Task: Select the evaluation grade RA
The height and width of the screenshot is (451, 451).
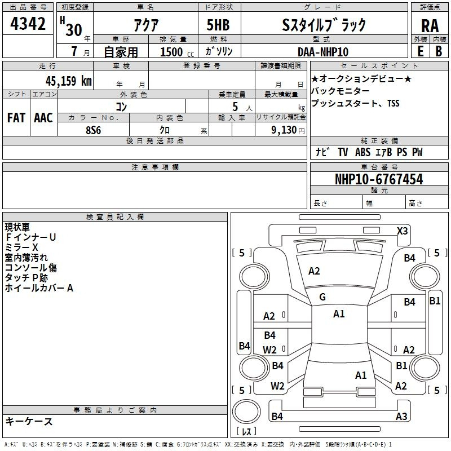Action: tap(430, 25)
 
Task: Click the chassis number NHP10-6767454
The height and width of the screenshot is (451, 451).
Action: tap(378, 179)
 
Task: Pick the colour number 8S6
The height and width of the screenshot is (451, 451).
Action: tap(93, 129)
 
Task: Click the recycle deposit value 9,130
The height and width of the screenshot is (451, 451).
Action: tap(281, 130)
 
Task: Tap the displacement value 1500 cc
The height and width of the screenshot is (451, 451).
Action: tap(173, 52)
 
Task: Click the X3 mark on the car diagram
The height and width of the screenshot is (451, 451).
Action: tap(403, 231)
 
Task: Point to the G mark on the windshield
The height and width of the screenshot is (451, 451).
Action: tap(322, 297)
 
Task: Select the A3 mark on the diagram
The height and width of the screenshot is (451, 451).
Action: tap(401, 417)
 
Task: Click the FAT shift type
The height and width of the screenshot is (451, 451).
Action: tap(16, 118)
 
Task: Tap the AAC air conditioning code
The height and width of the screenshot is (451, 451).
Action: tap(43, 118)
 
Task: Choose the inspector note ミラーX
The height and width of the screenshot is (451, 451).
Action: tap(22, 247)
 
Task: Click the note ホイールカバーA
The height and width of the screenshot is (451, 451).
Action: tap(39, 288)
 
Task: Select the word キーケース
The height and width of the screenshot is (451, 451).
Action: tap(29, 422)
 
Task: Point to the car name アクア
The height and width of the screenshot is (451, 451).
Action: tap(148, 25)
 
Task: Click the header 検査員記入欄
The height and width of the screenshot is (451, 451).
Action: tap(115, 217)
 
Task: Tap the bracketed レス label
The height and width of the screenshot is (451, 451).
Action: tap(246, 432)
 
